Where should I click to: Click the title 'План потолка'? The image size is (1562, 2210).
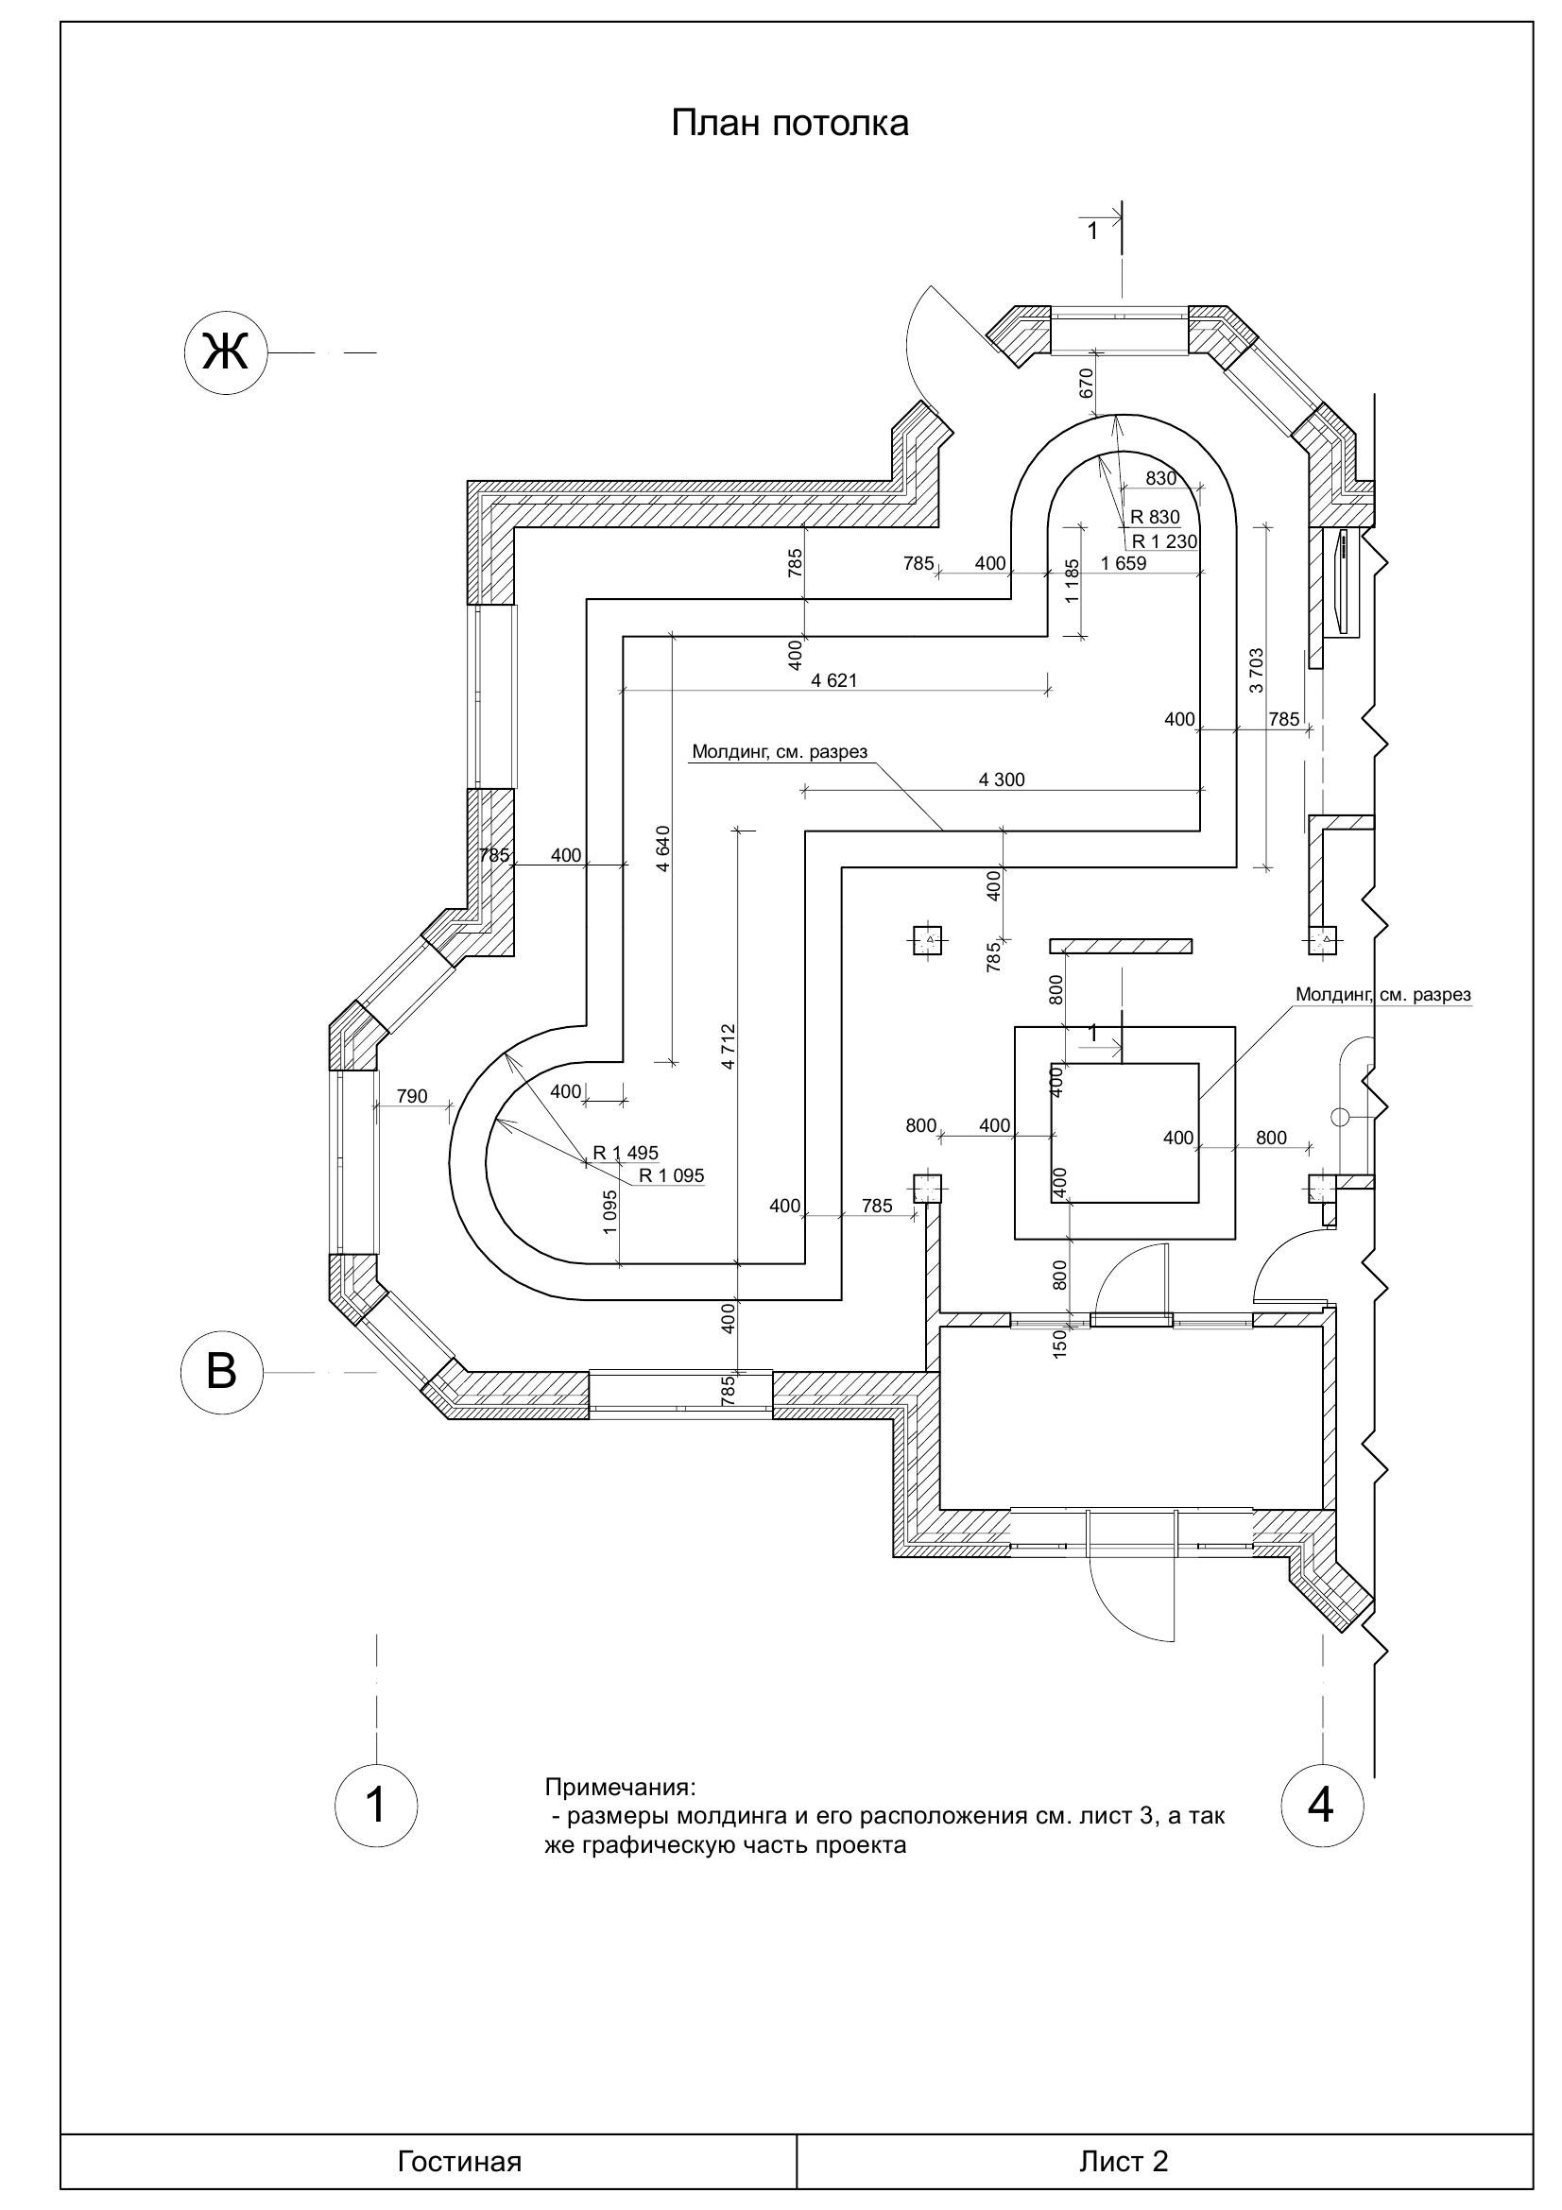[x=789, y=124]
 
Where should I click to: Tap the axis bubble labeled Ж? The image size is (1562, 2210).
[x=224, y=353]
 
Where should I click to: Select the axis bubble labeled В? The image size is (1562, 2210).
[x=222, y=1372]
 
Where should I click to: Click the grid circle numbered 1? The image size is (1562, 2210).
[x=376, y=1805]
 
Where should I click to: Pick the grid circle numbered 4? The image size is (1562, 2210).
[x=1321, y=1804]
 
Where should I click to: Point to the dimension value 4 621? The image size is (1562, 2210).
[x=833, y=680]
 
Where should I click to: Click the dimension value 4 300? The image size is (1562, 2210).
[x=1002, y=779]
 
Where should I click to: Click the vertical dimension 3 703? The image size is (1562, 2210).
[x=1257, y=671]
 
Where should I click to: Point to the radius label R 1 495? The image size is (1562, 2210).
[x=626, y=1153]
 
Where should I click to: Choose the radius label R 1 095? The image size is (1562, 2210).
[x=672, y=1175]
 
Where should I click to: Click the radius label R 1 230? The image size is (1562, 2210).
[x=1164, y=542]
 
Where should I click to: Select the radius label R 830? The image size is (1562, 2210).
[x=1155, y=518]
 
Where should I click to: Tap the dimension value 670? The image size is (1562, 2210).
[x=1087, y=384]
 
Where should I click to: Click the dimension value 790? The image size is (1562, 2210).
[x=412, y=1096]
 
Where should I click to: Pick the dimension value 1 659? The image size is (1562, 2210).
[x=1124, y=564]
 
